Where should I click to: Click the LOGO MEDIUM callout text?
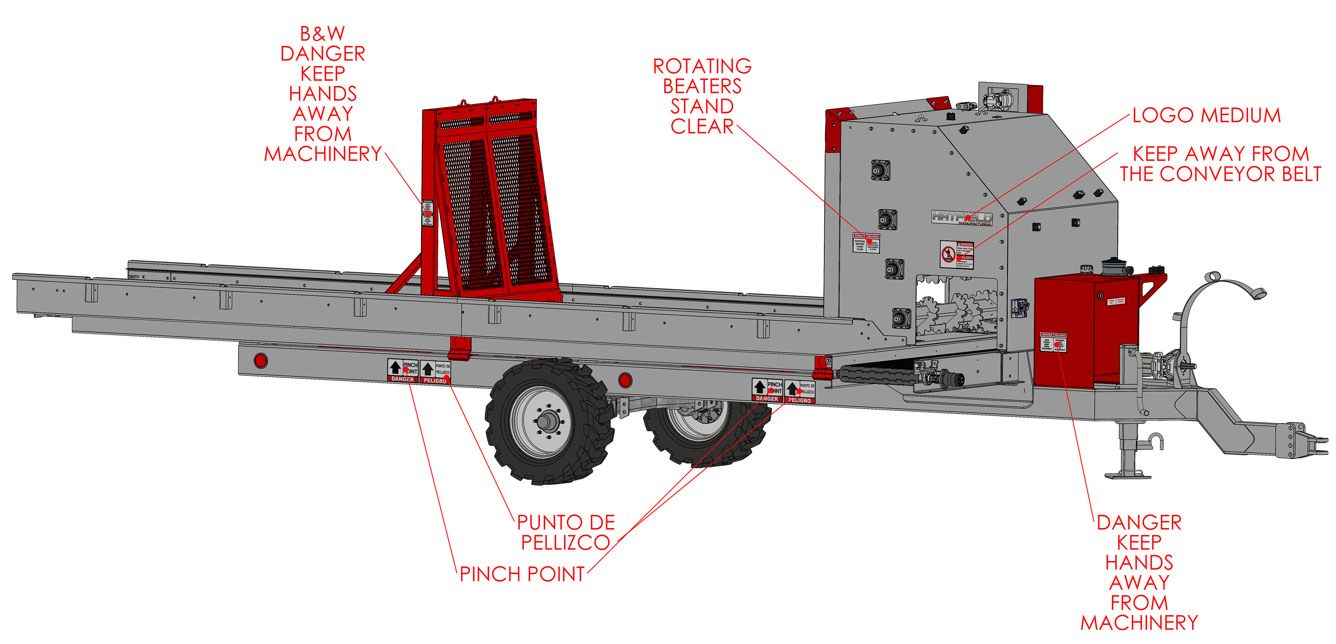(x=1206, y=115)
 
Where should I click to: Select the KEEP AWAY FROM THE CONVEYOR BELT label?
(x=1220, y=164)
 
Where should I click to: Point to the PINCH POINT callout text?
(x=522, y=574)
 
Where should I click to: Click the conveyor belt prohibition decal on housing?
(x=957, y=255)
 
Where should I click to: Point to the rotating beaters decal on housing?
(x=867, y=243)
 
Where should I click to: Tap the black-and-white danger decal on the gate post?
(x=427, y=213)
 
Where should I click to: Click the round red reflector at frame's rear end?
(x=261, y=360)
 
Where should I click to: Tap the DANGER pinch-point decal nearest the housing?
(x=767, y=390)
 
